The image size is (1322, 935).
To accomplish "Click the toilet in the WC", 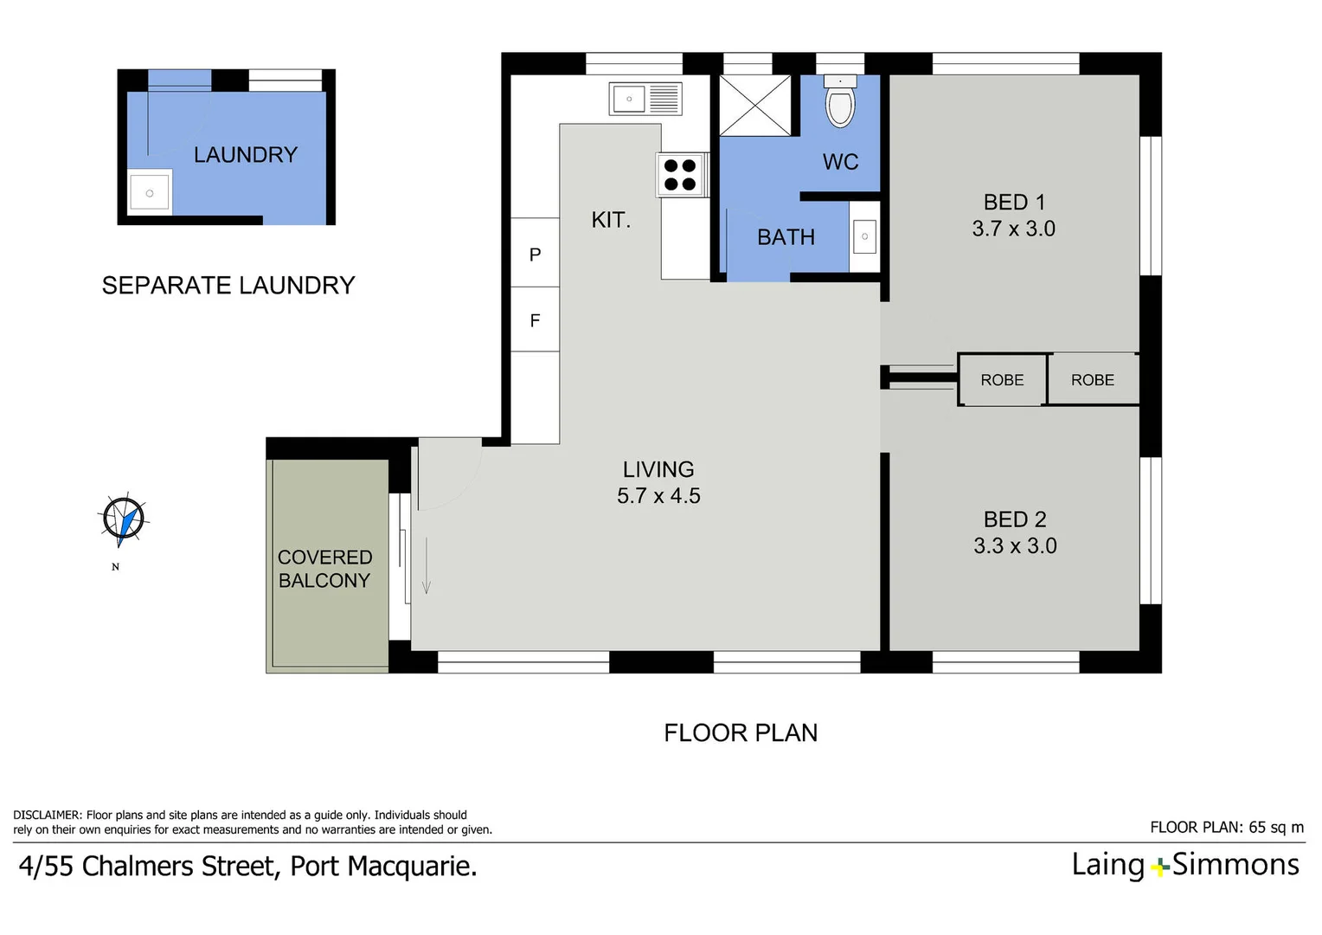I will (840, 101).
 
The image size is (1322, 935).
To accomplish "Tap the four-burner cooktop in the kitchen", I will (680, 175).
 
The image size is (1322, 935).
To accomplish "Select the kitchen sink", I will (645, 99).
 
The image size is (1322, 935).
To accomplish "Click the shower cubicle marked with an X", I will (755, 106).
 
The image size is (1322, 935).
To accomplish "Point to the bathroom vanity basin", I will (864, 236).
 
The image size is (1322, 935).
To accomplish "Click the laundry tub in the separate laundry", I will (150, 192).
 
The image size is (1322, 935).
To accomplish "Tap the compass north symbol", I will (124, 519).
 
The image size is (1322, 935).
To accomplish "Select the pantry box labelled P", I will (535, 255).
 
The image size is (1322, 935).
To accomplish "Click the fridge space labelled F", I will (535, 321).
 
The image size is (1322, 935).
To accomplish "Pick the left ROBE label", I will (1002, 380).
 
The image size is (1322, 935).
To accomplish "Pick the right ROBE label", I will (1092, 380).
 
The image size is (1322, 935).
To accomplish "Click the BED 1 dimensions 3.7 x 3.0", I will (1013, 229).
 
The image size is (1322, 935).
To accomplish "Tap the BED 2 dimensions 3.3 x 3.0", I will (1015, 546).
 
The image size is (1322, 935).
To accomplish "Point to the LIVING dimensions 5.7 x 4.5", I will (658, 496).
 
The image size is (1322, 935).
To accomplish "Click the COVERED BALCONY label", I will (324, 569).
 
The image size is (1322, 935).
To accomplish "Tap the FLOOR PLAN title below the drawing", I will (741, 733).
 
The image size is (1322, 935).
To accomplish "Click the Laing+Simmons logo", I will (1184, 865).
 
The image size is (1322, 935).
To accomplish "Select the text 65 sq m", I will (1275, 828).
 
